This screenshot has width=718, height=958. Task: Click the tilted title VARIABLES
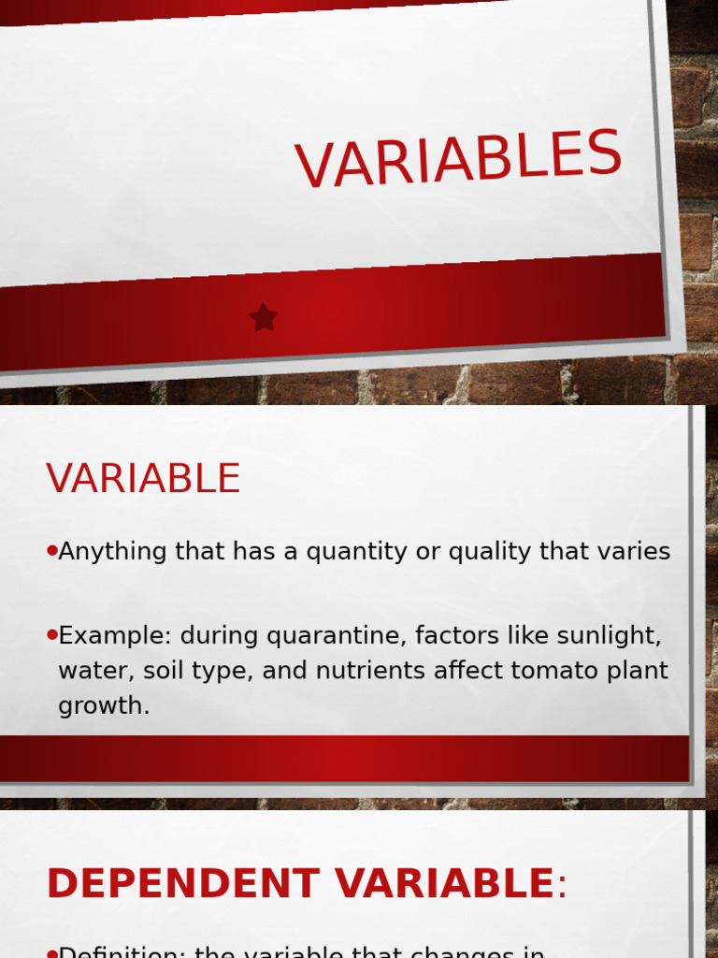click(458, 159)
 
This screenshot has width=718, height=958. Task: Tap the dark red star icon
click(264, 318)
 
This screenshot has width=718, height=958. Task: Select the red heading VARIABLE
click(143, 479)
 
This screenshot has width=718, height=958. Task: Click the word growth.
click(103, 706)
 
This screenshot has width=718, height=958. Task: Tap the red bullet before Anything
click(52, 551)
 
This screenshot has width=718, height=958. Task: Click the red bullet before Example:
click(52, 635)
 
